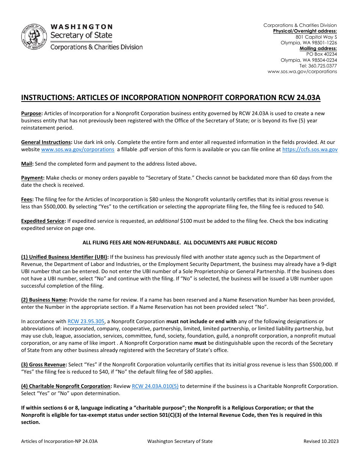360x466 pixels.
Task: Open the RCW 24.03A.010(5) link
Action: (155, 386)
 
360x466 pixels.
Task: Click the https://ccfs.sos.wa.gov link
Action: (310, 149)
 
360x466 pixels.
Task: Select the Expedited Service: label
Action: (43, 221)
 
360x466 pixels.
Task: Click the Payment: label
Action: (33, 178)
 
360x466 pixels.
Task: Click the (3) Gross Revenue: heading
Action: (44, 364)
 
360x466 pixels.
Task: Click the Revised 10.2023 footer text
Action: (321, 441)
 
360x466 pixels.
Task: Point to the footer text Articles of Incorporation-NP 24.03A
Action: (59, 441)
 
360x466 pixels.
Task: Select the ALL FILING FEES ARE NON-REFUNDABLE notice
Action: (180, 242)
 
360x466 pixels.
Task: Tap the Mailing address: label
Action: (318, 48)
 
